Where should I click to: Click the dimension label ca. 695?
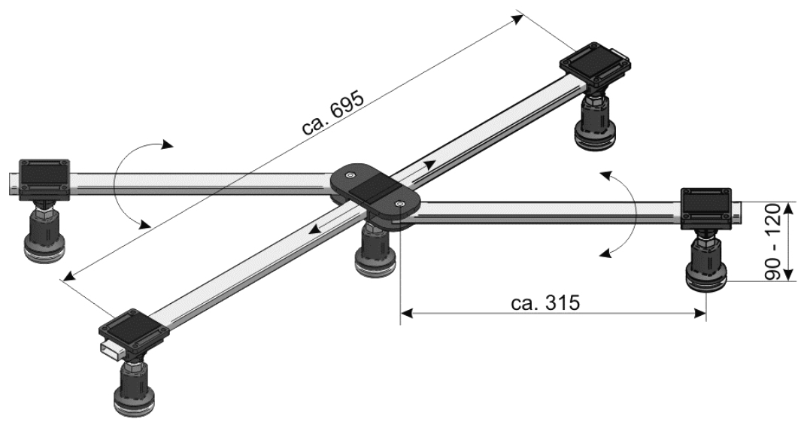pos(333,114)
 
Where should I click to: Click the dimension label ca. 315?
pos(545,303)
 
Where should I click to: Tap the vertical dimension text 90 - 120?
pos(773,242)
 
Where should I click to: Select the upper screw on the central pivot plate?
pos(350,176)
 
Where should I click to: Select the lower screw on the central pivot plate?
pos(400,205)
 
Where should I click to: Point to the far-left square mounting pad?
pos(44,181)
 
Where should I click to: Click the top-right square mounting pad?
pos(596,64)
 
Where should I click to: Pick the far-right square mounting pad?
pos(706,208)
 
